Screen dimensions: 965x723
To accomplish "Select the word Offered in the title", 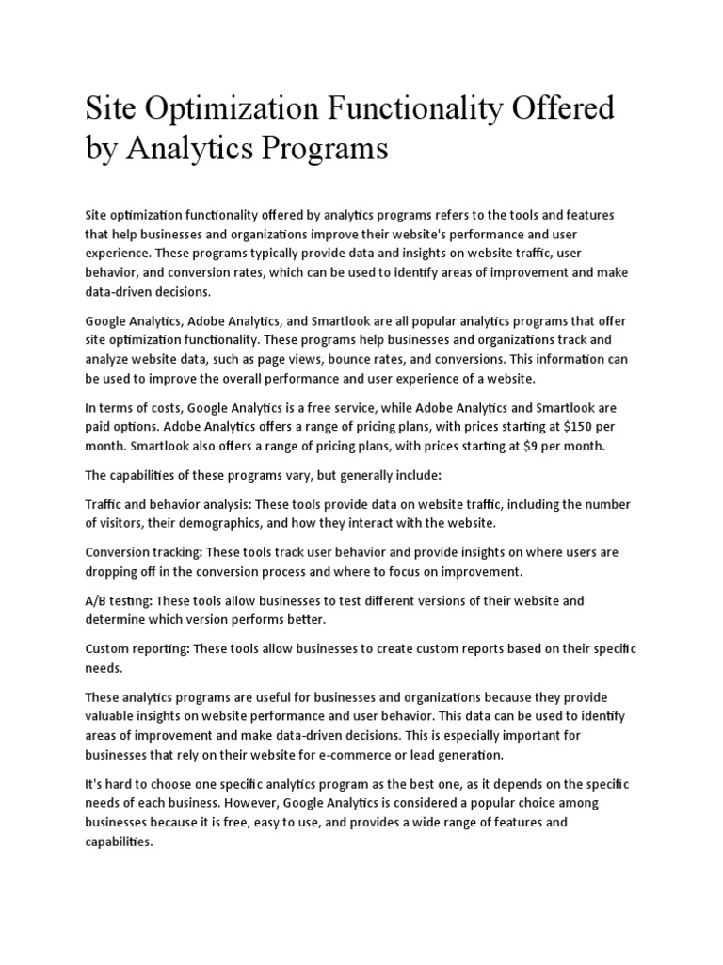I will [x=568, y=108].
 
